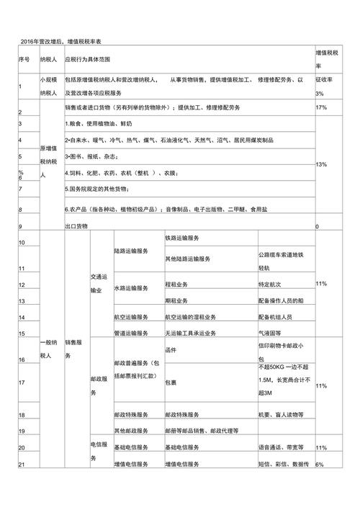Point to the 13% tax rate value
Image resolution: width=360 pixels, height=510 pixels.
click(322, 165)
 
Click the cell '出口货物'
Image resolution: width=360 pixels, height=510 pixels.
click(76, 226)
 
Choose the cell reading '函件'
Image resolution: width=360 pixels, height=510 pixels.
click(171, 351)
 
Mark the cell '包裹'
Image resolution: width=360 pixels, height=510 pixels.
click(171, 383)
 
